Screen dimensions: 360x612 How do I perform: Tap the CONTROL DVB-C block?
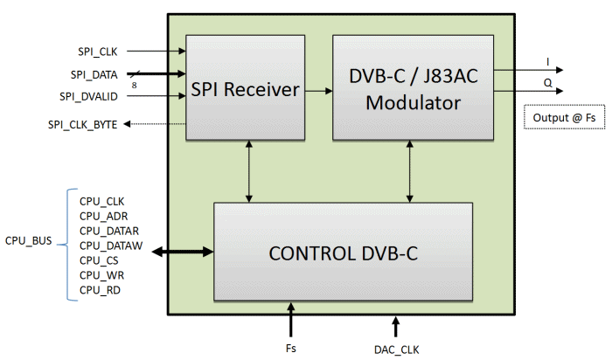pyautogui.click(x=344, y=253)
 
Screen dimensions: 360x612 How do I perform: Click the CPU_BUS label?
pyautogui.click(x=30, y=239)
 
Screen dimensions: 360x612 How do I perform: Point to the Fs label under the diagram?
pyautogui.click(x=291, y=349)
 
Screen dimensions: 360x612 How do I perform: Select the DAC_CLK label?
pyautogui.click(x=396, y=349)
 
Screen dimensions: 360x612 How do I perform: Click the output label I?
pyautogui.click(x=548, y=61)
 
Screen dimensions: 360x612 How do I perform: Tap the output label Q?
pyautogui.click(x=548, y=82)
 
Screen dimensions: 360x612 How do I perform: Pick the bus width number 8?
pyautogui.click(x=134, y=85)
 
